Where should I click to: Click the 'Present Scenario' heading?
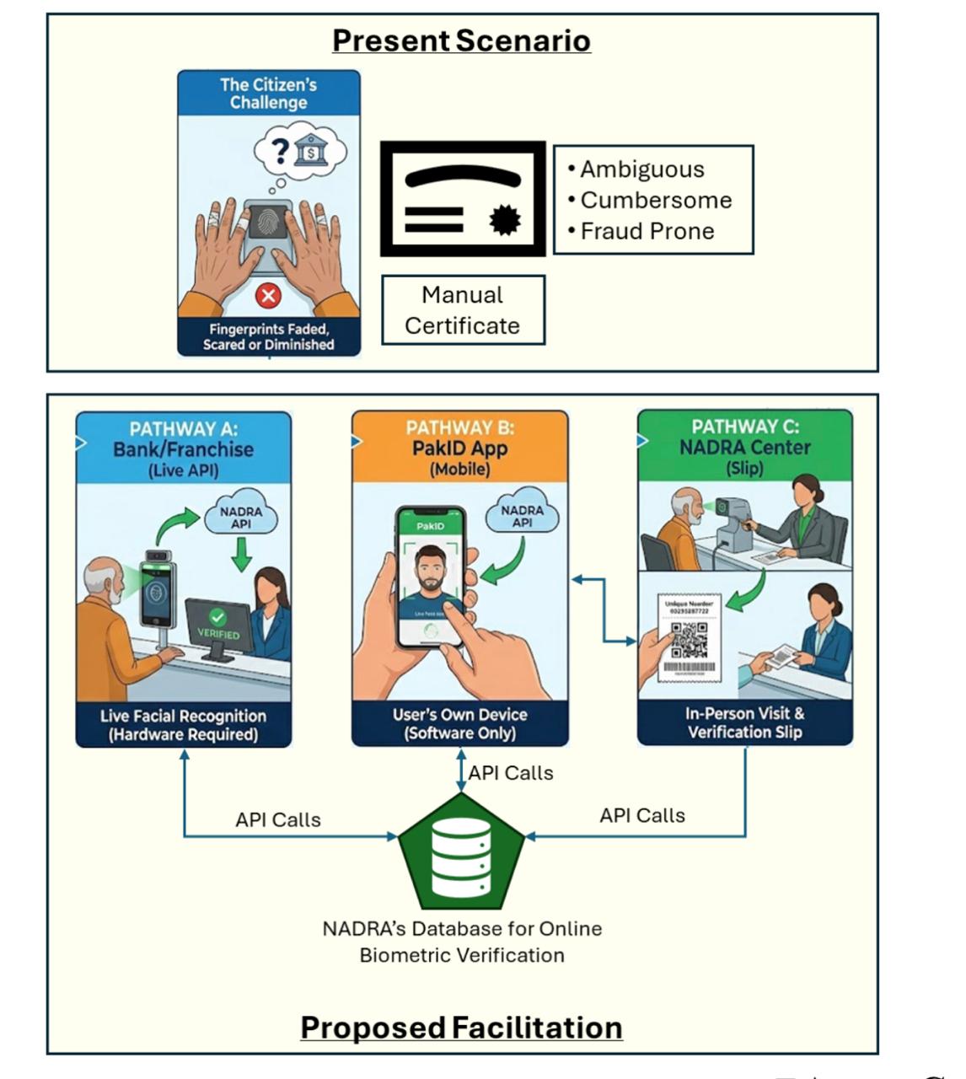pyautogui.click(x=461, y=40)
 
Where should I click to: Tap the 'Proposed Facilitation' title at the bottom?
pyautogui.click(x=461, y=1028)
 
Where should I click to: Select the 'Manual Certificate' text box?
pyautogui.click(x=463, y=310)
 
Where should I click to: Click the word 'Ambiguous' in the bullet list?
pyautogui.click(x=641, y=169)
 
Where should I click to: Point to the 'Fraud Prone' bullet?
pyautogui.click(x=647, y=231)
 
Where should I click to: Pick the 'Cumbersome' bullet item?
pyautogui.click(x=656, y=201)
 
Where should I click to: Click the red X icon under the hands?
pyautogui.click(x=268, y=296)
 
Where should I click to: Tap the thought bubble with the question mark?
pyautogui.click(x=299, y=153)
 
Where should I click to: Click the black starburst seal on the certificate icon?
pyautogui.click(x=505, y=221)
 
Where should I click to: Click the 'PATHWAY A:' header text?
pyautogui.click(x=184, y=428)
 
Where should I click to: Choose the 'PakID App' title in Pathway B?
pyautogui.click(x=460, y=448)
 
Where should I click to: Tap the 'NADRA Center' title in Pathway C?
pyautogui.click(x=744, y=448)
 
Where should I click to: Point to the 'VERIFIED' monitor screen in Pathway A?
pyautogui.click(x=218, y=625)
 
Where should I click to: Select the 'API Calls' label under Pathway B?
pyautogui.click(x=511, y=773)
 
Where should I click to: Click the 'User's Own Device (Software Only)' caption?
pyautogui.click(x=460, y=724)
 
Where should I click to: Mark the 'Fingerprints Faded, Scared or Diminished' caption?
pyautogui.click(x=268, y=337)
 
